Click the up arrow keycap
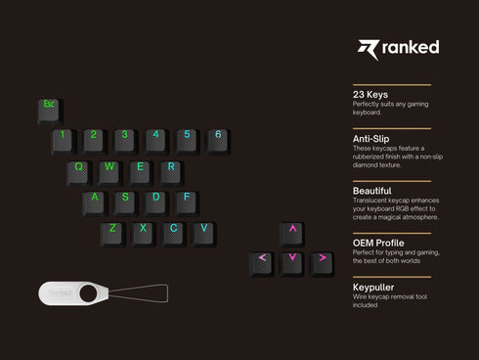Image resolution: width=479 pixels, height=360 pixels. click(291, 232)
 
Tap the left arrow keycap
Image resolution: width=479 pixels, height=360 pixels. click(261, 261)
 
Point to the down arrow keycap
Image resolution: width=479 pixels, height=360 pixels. click(291, 261)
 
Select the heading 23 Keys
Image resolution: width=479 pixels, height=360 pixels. click(370, 95)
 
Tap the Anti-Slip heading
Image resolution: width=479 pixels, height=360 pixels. click(373, 139)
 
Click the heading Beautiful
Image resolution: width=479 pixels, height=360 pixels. click(372, 190)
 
